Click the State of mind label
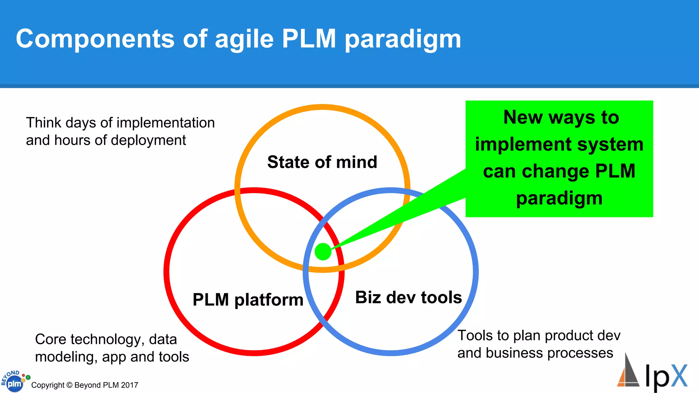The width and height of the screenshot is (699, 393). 322,162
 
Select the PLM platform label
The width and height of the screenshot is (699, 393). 248,300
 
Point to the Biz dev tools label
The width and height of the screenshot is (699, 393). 409,297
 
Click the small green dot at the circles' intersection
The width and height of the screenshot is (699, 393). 323,252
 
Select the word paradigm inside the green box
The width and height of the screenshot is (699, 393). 559,198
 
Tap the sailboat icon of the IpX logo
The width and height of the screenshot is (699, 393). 628,372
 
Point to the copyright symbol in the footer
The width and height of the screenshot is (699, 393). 69,385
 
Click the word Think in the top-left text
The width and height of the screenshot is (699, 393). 43,123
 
